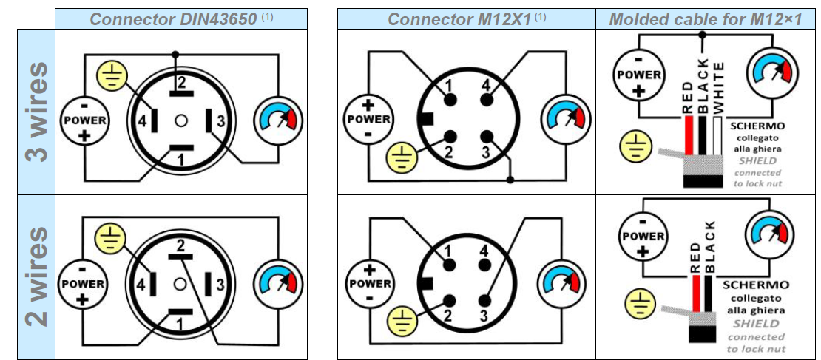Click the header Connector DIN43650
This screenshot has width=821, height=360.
[x=175, y=19]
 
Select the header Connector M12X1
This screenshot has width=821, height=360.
[x=460, y=19]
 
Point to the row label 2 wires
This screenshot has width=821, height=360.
[x=36, y=277]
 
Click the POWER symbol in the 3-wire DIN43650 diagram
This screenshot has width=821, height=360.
[x=85, y=120]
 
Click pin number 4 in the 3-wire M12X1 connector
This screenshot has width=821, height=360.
[x=485, y=86]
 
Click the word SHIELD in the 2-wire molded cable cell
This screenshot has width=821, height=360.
[x=755, y=323]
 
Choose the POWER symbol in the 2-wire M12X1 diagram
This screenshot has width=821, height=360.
[x=369, y=284]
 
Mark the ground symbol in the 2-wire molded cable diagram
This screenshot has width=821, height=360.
[x=641, y=304]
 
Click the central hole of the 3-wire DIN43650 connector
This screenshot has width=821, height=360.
[x=180, y=120]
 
